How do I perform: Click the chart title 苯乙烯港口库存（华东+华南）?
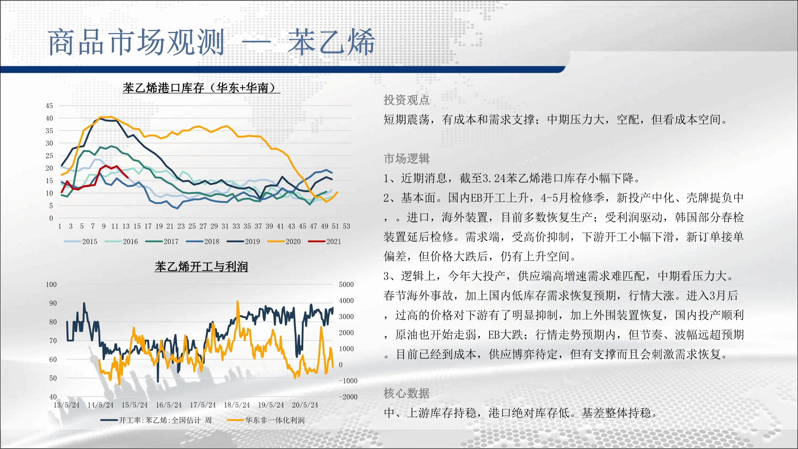tap(201, 88)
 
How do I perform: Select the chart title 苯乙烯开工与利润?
tap(201, 267)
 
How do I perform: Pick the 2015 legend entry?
tap(81, 241)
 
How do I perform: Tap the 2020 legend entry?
tap(284, 241)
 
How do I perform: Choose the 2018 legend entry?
tap(203, 241)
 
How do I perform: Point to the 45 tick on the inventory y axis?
tap(49, 106)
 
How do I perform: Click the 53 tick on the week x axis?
tap(346, 226)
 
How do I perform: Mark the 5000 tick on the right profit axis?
tap(346, 285)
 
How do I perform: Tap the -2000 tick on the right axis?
tap(348, 397)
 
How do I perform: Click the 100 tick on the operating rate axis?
tap(51, 285)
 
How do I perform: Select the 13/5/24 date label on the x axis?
tap(67, 405)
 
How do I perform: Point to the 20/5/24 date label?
tap(305, 405)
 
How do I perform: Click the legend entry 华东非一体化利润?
tap(266, 420)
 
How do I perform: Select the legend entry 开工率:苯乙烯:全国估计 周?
tap(156, 420)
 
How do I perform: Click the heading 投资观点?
tap(407, 100)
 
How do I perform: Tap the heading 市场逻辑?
tap(407, 158)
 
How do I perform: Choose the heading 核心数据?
tap(407, 393)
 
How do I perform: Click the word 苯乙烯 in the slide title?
tap(331, 42)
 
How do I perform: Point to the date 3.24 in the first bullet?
tap(494, 178)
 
